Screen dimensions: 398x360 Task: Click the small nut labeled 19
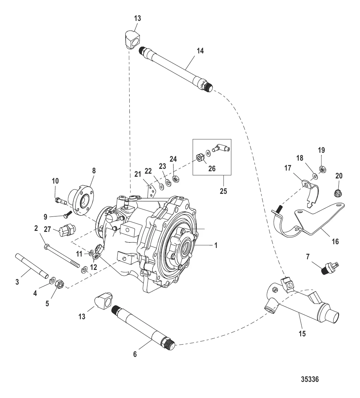[x=322, y=169]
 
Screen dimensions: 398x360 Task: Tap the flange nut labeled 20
[x=337, y=194]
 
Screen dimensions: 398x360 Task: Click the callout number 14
[x=200, y=51]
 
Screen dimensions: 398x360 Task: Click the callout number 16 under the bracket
[x=335, y=241]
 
